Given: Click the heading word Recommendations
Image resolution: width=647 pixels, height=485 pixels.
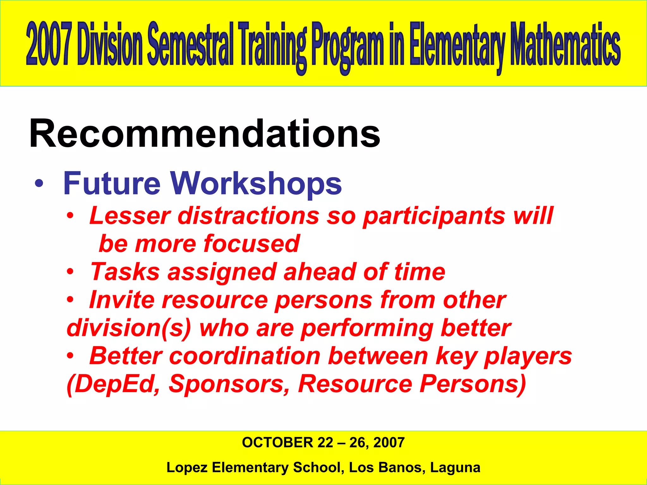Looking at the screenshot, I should tap(205, 134).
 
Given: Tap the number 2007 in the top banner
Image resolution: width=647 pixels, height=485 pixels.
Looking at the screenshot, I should tap(48, 44).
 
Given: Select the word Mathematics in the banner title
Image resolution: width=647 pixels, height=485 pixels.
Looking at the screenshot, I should tap(565, 44).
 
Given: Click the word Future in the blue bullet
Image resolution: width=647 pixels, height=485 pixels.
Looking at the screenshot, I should tap(112, 183).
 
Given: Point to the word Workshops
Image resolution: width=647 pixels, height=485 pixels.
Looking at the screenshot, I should tap(256, 183).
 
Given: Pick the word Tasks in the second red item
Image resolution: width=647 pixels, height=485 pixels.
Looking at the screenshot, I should tap(125, 272).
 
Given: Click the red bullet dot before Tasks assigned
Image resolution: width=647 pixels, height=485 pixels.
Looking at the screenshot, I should tap(70, 272).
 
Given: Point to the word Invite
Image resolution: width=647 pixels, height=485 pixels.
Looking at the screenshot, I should tap(122, 300).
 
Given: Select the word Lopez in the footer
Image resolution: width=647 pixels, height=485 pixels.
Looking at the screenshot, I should tap(186, 468).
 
